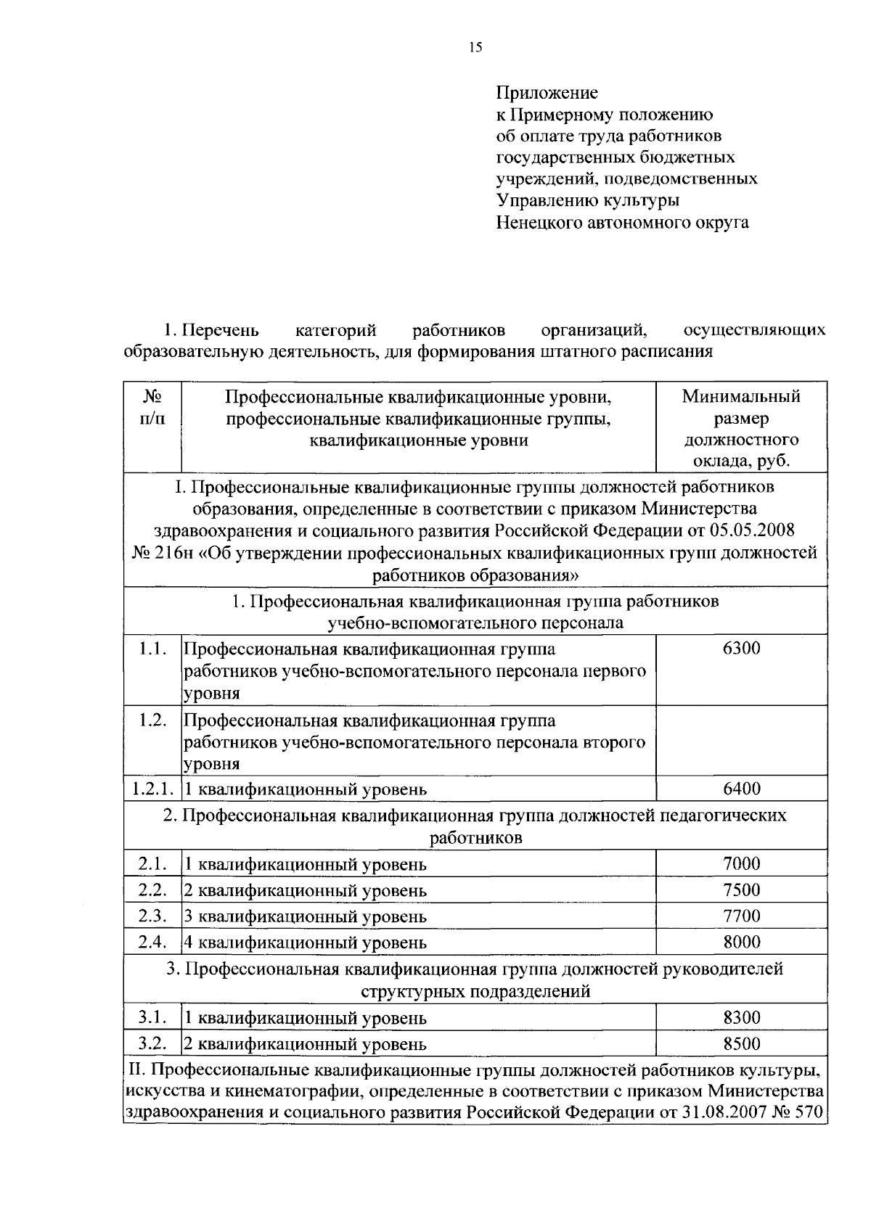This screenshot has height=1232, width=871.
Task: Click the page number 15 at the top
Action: tap(475, 48)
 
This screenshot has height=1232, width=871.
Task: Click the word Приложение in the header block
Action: tap(547, 93)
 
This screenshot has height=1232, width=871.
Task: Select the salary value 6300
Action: tap(741, 648)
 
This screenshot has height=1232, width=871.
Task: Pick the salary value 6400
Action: tap(741, 789)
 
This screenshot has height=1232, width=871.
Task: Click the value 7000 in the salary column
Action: tap(741, 863)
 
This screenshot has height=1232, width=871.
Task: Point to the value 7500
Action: tap(741, 890)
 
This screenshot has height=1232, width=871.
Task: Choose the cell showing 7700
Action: tap(741, 916)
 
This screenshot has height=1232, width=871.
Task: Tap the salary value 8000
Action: tap(741, 942)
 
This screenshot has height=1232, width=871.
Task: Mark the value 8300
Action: tap(741, 1017)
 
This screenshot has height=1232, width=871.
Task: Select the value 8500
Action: tap(741, 1043)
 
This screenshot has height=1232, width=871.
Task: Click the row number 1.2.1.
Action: tap(152, 789)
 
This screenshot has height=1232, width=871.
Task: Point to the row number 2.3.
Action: tap(152, 916)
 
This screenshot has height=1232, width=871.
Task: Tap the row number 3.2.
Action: tap(152, 1043)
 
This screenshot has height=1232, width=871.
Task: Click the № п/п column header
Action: tap(152, 408)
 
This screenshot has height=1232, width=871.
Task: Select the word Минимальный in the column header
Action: tap(741, 397)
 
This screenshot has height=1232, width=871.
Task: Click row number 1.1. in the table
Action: tap(152, 648)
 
